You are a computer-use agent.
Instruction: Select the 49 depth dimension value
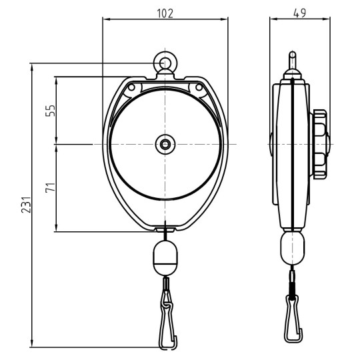click(300, 13)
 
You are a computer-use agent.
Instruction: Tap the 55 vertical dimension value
click(49, 110)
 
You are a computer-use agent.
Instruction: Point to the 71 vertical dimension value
click(49, 188)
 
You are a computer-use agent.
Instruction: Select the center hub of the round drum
click(164, 143)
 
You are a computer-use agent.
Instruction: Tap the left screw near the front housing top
click(131, 87)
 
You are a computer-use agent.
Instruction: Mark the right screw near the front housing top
click(197, 87)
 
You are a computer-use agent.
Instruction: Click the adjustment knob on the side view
click(321, 143)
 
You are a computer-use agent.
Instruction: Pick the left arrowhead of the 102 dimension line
click(105, 19)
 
